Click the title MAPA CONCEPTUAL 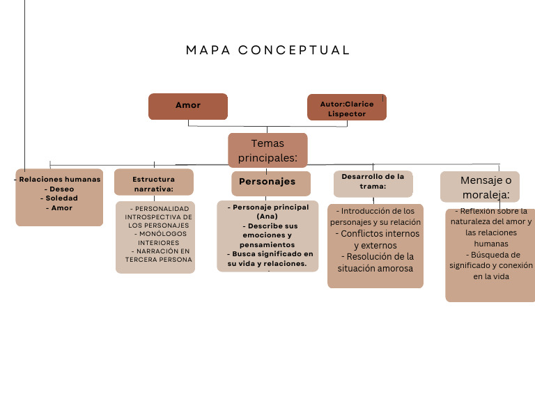[267, 50]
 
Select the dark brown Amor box [188, 106]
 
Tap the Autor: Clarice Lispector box [347, 108]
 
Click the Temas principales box [267, 150]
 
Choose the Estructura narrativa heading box [154, 183]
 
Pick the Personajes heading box [267, 182]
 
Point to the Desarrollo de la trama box [373, 182]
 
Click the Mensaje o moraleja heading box [480, 187]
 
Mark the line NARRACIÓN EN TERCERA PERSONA [158, 255]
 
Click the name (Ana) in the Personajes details [267, 217]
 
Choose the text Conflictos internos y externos [375, 239]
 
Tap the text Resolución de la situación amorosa [375, 262]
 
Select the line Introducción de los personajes [375, 210]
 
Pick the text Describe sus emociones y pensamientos [267, 235]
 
